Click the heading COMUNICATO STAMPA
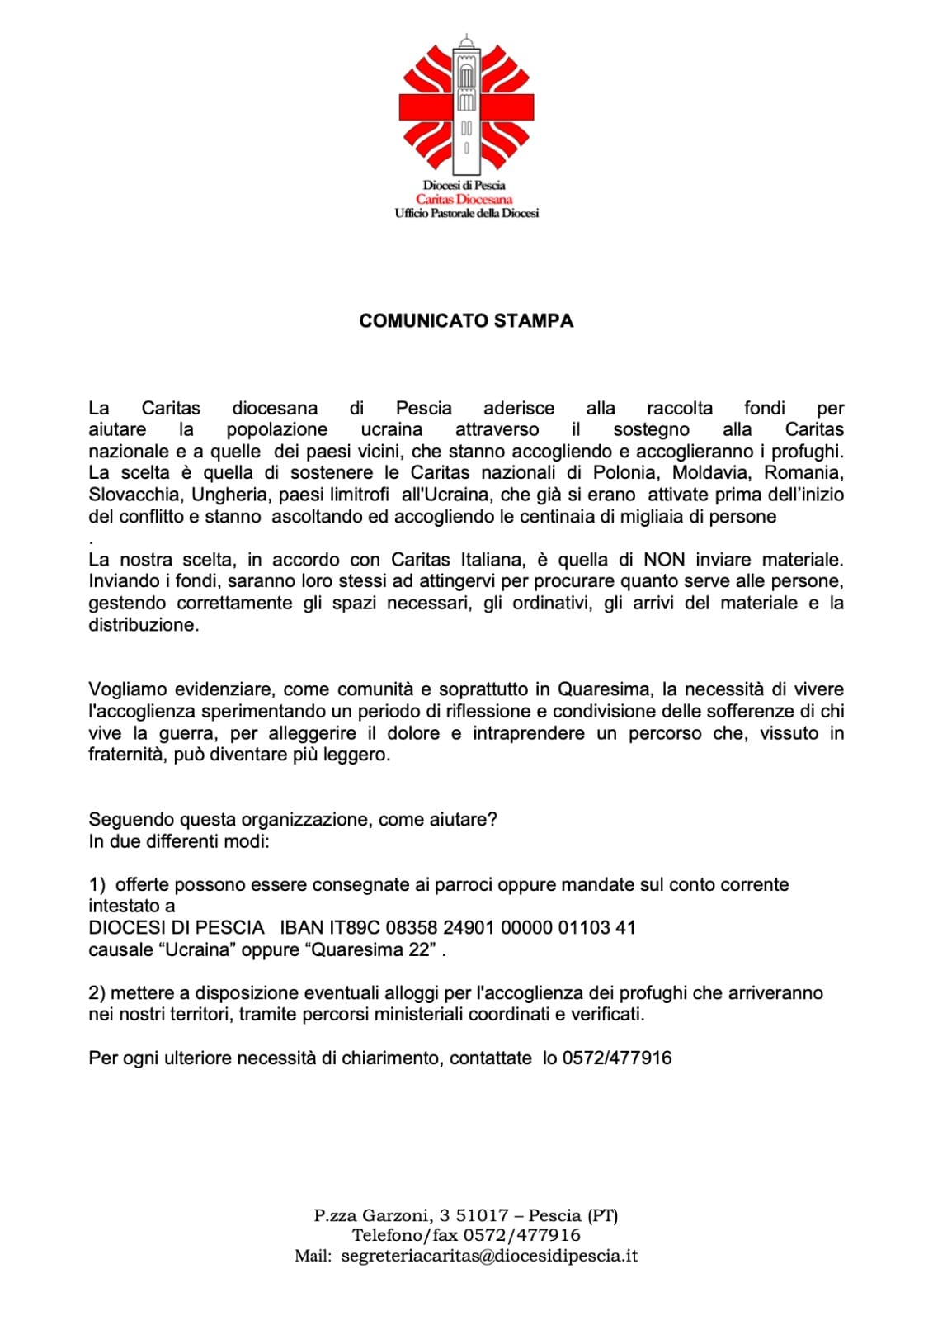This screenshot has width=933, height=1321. coord(466,321)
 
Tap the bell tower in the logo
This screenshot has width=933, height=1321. coord(466,103)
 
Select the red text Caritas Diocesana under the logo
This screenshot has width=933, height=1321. coord(464,199)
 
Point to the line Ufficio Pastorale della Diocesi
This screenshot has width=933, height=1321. coord(466,213)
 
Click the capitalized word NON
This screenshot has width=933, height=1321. coord(664,560)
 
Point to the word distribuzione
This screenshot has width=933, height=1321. coord(144,625)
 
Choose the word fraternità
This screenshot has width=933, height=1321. coord(127,755)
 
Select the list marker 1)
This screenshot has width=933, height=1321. coord(97,885)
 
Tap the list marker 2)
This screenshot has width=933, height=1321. coord(97,993)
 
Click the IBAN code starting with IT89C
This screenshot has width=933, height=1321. coord(458,928)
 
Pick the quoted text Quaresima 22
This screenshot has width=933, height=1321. coord(371,949)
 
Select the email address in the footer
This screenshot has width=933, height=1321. coord(489,1256)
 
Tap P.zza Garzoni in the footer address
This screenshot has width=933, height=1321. coord(373,1215)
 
